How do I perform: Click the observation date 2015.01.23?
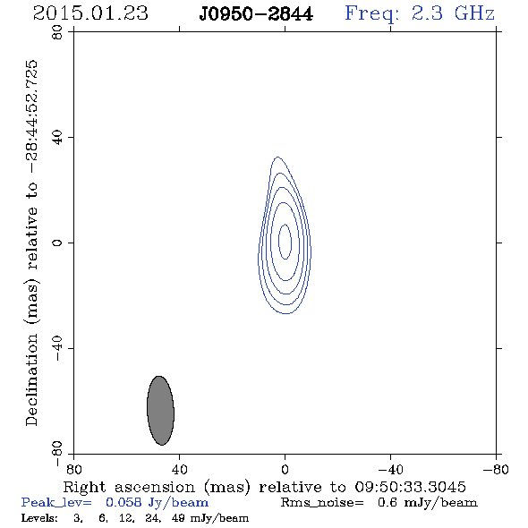(90, 13)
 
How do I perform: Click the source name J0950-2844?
(256, 14)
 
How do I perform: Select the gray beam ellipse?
(160, 411)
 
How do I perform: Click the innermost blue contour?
(279, 242)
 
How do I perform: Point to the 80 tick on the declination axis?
(57, 32)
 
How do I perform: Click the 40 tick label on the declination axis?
(57, 138)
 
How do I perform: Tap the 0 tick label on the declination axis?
(57, 243)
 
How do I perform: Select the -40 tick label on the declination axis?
(57, 348)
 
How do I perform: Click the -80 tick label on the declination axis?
(57, 454)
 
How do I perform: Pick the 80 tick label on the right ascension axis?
(73, 469)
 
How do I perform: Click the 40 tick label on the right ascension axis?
(179, 469)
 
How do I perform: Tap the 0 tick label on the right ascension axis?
(285, 469)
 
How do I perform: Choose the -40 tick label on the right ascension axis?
(390, 469)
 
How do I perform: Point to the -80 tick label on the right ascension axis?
(496, 469)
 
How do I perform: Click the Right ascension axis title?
(265, 487)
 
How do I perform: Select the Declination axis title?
(31, 243)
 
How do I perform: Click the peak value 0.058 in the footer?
(123, 502)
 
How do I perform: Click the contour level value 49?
(178, 517)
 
